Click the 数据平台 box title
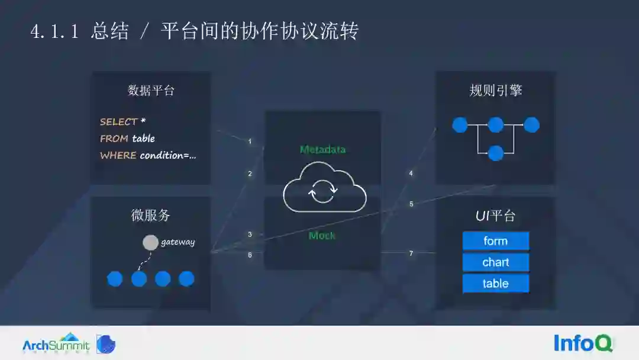click(x=151, y=91)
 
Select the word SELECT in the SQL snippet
click(x=118, y=121)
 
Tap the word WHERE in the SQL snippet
click(x=118, y=155)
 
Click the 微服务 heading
click(x=150, y=216)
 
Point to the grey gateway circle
click(x=151, y=243)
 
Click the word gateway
click(x=177, y=242)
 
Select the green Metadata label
click(x=322, y=149)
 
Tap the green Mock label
click(x=322, y=236)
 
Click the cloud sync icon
click(x=324, y=191)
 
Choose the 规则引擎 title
click(x=495, y=91)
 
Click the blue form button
click(x=495, y=241)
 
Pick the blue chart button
click(x=495, y=262)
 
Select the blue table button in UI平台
click(x=495, y=284)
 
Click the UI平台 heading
click(x=495, y=216)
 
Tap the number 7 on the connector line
click(x=411, y=253)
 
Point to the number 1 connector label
click(x=250, y=142)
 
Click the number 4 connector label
click(x=411, y=173)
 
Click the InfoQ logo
click(x=583, y=343)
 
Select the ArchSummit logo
click(x=56, y=343)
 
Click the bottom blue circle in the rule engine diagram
click(x=496, y=153)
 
